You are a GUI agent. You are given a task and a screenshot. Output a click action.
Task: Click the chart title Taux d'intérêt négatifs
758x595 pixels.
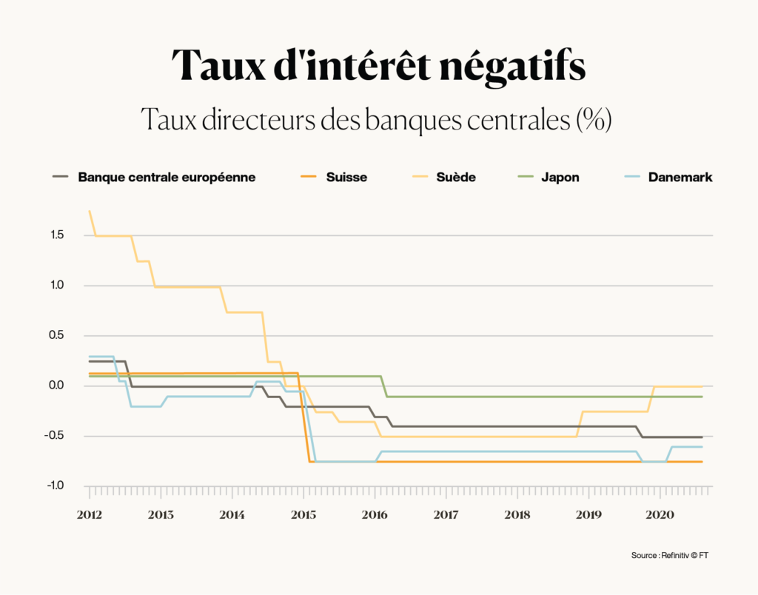[378, 66]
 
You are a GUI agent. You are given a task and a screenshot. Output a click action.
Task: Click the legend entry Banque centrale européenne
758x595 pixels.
[167, 178]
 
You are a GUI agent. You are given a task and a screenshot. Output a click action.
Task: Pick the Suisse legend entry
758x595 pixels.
[346, 178]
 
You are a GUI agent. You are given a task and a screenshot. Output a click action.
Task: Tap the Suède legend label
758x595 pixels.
[456, 178]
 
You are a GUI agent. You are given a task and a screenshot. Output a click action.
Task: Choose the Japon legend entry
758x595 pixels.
[560, 178]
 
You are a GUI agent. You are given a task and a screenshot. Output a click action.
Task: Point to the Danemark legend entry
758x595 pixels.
[680, 178]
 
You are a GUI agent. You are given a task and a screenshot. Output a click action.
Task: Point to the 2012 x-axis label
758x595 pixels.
[90, 514]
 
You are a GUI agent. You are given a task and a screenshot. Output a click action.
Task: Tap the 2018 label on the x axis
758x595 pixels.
[517, 514]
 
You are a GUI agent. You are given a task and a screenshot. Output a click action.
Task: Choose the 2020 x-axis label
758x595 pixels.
[660, 514]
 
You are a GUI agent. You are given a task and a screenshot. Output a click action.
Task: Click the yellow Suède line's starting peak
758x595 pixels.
[90, 212]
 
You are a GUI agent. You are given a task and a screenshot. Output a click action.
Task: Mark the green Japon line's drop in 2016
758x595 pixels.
[384, 386]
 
